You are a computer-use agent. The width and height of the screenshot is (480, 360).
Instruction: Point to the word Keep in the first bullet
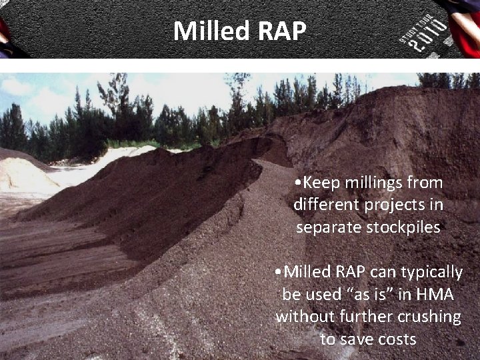point(320,183)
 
